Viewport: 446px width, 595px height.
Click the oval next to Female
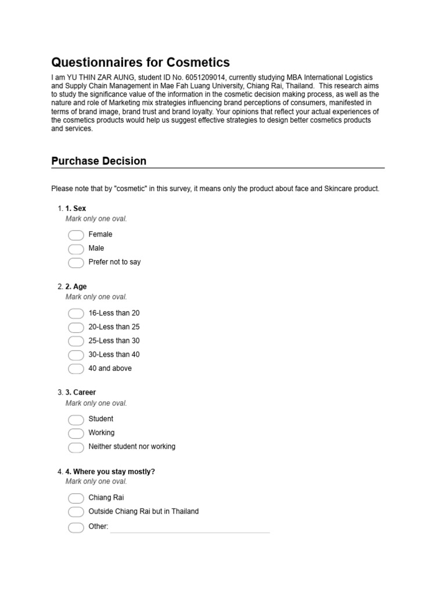click(76, 235)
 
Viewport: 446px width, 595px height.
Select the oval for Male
click(76, 249)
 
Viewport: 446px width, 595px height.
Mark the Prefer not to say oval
click(76, 263)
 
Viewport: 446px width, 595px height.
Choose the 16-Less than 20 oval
click(76, 313)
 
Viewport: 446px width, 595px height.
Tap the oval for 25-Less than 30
click(76, 341)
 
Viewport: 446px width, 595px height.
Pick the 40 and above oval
click(76, 369)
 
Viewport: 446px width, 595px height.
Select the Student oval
click(76, 420)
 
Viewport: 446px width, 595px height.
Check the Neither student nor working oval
click(76, 447)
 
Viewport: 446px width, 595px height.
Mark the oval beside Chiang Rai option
click(76, 498)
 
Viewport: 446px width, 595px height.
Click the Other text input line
click(190, 528)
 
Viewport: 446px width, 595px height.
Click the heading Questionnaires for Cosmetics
click(141, 62)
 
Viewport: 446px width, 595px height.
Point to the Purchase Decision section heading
click(99, 161)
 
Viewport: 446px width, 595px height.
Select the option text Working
click(102, 432)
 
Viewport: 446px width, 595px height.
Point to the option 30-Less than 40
click(114, 354)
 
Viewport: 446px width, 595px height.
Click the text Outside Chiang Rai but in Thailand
click(143, 511)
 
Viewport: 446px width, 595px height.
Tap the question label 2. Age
click(76, 286)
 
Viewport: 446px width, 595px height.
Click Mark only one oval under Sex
click(96, 219)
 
